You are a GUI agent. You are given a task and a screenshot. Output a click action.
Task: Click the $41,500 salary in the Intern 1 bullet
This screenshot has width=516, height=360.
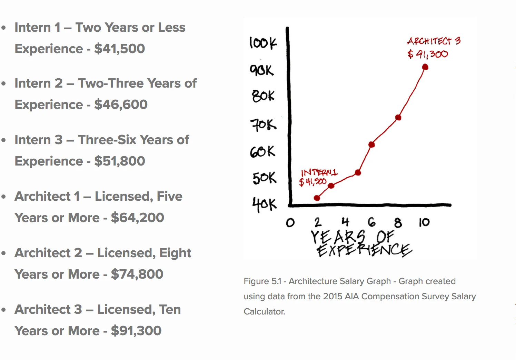coord(119,49)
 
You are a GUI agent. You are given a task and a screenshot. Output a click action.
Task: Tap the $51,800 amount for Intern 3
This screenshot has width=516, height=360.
coord(119,161)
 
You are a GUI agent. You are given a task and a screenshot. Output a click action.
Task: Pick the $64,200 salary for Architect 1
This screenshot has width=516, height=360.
coord(137,218)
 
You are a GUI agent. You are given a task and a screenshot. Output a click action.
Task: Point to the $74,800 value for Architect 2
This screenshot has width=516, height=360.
coord(137,274)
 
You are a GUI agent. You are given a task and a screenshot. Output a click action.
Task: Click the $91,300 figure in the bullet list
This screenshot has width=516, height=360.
coord(136,331)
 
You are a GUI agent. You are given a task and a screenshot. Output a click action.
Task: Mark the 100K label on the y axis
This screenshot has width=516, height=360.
coord(263,43)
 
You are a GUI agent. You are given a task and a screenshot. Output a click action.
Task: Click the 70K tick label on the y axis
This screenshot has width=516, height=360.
coord(263,124)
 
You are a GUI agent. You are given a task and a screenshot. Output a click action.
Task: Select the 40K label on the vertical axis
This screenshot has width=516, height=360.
coord(264,204)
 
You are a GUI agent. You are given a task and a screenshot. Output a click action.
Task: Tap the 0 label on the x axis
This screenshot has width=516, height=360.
coord(290,223)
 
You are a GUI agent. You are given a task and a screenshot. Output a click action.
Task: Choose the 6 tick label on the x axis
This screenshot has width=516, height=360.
coord(371,222)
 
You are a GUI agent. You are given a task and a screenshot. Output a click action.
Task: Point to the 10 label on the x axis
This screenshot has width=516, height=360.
coord(424,222)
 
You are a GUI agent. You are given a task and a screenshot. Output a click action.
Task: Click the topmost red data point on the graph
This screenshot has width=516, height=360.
coord(425,67)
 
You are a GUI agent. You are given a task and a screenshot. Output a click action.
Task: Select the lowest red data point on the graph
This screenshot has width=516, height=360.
coord(317,198)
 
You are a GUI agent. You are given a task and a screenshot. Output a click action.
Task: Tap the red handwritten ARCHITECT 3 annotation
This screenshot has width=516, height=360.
coord(434,41)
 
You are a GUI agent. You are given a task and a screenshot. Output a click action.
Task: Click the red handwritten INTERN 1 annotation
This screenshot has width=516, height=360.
coord(319,172)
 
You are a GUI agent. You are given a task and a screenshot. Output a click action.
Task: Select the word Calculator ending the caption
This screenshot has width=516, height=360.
coord(264,312)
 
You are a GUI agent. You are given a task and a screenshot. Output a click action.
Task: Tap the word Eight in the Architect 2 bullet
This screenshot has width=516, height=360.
coord(175,253)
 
